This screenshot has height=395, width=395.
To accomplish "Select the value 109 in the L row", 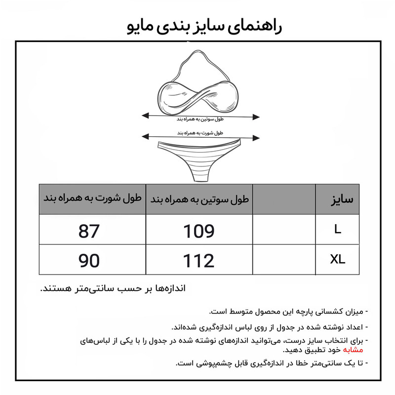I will pyautogui.click(x=199, y=231).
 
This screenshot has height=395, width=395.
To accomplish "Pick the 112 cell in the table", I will pyautogui.click(x=199, y=260).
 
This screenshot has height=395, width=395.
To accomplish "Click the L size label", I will pyautogui.click(x=337, y=230).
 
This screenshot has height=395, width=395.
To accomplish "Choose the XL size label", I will pyautogui.click(x=337, y=259).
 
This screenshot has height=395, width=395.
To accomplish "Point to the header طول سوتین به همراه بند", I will pyautogui.click(x=199, y=200).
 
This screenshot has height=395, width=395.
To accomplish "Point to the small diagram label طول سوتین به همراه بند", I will pyautogui.click(x=200, y=119).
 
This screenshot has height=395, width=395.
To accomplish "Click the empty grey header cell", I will pyautogui.click(x=284, y=199).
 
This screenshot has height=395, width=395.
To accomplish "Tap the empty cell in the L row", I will pyautogui.click(x=284, y=230).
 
